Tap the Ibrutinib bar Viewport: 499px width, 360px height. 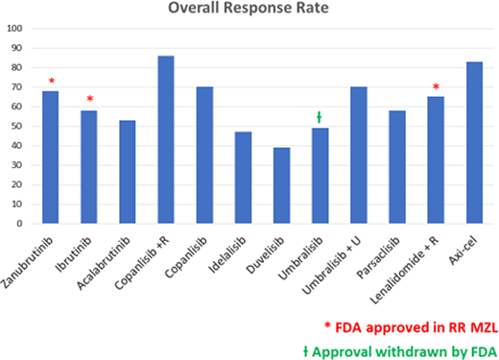pos(89,167)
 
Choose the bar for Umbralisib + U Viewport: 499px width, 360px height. pos(358,156)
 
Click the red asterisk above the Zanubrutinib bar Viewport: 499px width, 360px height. pos(51,81)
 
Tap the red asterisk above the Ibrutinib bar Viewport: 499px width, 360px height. pos(89,100)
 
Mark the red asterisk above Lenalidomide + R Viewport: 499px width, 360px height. pos(435,87)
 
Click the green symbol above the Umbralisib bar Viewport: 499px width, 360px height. pos(320,117)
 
